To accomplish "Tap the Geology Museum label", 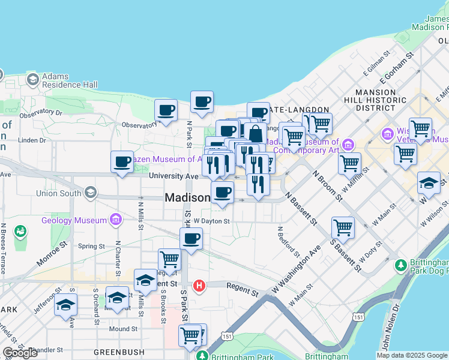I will pos(74,220).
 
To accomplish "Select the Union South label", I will pos(59,193).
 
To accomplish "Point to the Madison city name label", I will pos(187,198).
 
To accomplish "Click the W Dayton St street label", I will pos(212,221).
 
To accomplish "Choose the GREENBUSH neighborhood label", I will pos(119,353).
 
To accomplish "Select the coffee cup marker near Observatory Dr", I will pos(166,110).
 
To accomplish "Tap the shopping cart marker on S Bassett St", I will pos(342,228).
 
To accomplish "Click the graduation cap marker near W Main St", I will pos(429,183).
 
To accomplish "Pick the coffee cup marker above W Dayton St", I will pos(222,193).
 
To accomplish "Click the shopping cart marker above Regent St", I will pos(170,260).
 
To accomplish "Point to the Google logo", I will pos(20,353).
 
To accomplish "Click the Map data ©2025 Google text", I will pos(412,355).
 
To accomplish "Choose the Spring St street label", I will pos(91,246).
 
